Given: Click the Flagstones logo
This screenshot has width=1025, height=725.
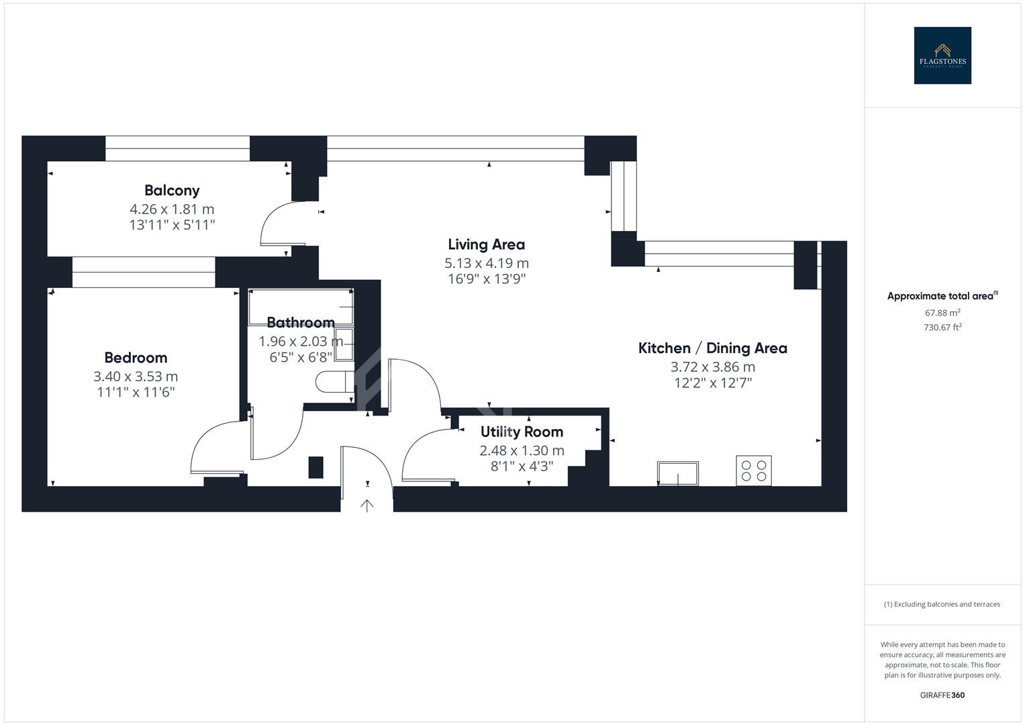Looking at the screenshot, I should (942, 56).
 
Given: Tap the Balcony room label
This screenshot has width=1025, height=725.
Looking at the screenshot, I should (172, 191).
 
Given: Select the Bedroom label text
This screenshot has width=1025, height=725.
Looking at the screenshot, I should (136, 358).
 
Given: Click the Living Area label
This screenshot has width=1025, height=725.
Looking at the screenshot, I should (486, 244).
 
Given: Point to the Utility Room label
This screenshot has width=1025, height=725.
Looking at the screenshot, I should (522, 432).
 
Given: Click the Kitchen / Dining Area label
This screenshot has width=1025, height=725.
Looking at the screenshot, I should (712, 348).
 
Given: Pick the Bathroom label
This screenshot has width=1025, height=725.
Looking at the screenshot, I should (301, 322).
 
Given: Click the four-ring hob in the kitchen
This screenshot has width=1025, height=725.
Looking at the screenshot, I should (754, 471).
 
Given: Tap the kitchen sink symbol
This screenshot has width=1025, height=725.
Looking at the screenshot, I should (678, 473).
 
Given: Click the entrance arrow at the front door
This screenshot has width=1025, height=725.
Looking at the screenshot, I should (367, 505).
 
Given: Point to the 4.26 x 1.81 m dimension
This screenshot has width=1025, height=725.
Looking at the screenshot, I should (172, 209).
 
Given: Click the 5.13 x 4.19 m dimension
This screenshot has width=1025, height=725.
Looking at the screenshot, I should (486, 263).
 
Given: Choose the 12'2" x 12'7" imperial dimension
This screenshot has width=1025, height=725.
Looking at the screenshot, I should (712, 383).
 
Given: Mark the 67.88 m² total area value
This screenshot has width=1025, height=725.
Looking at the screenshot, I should (942, 313).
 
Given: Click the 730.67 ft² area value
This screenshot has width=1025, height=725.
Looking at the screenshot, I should (942, 328).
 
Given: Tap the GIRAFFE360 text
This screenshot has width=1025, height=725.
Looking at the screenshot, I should (942, 695).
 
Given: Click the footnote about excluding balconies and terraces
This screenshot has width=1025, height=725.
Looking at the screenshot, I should (942, 604).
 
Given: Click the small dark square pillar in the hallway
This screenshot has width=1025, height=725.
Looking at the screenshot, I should (315, 467).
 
